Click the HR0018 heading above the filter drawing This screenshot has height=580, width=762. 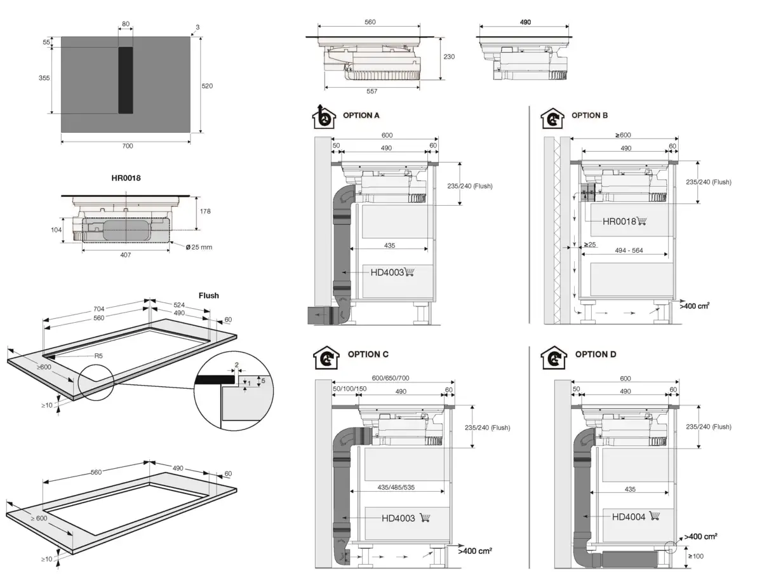(126, 178)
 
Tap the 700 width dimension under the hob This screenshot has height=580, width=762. (127, 146)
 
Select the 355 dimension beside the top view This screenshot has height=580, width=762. (44, 78)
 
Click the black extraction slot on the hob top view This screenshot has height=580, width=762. (125, 80)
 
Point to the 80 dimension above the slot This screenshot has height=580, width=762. (125, 24)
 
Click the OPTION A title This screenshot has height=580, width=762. (361, 116)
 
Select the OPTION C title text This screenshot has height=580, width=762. (368, 354)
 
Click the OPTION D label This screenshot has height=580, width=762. (596, 354)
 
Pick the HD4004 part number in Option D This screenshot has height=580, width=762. (629, 517)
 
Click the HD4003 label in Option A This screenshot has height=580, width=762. (387, 273)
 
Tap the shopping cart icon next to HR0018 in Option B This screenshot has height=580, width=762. (641, 221)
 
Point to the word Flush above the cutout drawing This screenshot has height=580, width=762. (208, 295)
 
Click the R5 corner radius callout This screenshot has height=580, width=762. (98, 356)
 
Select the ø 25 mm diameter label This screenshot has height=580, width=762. (200, 246)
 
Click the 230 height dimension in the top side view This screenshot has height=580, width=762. (449, 57)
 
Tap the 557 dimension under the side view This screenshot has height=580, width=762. (371, 91)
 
